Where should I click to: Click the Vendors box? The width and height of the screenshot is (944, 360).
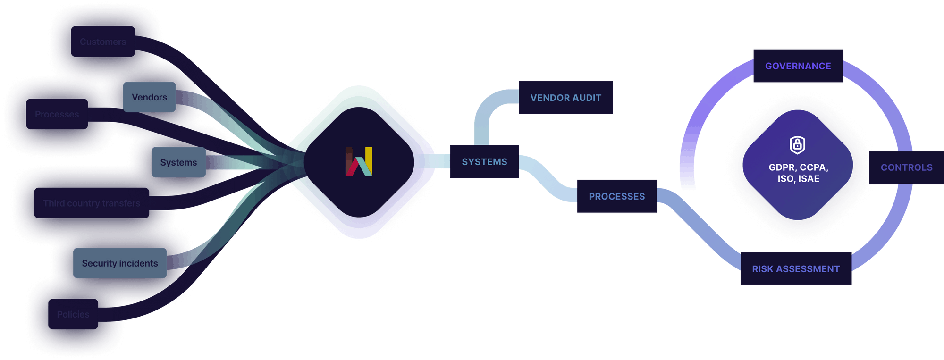click(149, 97)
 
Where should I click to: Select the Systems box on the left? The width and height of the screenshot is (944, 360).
click(178, 162)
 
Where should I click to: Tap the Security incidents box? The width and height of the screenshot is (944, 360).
click(120, 263)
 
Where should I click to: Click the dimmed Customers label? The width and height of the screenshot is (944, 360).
click(103, 42)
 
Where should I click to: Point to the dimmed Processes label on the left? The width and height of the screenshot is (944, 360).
click(57, 115)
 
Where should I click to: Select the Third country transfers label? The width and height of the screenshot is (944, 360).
click(92, 203)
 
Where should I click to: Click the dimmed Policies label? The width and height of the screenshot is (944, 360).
click(73, 314)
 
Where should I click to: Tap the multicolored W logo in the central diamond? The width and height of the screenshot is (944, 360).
click(359, 162)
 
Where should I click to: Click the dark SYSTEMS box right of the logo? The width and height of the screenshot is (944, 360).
click(484, 162)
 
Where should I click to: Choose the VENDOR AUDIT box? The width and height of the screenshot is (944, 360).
click(565, 98)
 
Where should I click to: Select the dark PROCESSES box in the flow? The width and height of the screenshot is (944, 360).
click(616, 196)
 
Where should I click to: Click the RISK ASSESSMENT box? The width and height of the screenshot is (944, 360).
click(796, 269)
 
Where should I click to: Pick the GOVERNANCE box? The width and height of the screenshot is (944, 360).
click(798, 66)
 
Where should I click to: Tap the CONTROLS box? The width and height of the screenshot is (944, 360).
click(906, 167)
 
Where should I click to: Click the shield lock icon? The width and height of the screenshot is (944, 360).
click(798, 145)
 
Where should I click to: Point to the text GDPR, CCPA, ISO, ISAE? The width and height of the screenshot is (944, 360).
click(798, 173)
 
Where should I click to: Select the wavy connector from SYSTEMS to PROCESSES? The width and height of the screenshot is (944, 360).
click(548, 180)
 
